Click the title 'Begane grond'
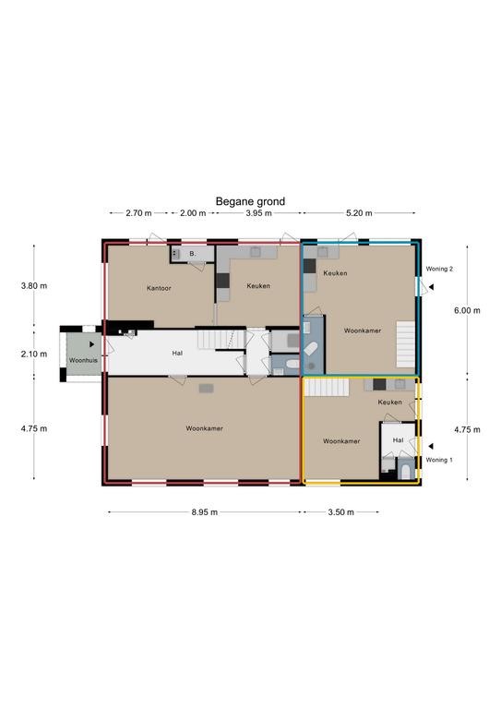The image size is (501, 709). point(250,201)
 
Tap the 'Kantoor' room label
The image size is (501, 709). point(159,288)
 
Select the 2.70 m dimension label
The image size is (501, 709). point(138,213)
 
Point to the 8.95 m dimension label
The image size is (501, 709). point(204,511)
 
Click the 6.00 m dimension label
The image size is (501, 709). point(467,310)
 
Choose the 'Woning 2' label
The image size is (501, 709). point(439,269)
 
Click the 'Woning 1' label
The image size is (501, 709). point(439,460)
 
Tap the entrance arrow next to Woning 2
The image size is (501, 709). point(432,287)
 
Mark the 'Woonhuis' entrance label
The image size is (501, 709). point(83,360)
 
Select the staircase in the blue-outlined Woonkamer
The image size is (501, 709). point(406,344)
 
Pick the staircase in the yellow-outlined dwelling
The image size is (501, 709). point(327,388)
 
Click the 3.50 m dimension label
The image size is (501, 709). point(341,511)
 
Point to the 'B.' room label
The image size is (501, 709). point(193,254)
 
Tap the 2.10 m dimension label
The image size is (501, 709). point(34,354)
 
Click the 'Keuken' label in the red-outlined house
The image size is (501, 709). point(258,286)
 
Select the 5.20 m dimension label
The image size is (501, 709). point(359,213)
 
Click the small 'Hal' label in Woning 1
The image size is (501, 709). point(398,440)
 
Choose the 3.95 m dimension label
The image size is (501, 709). point(259,213)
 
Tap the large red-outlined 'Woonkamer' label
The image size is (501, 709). point(204,428)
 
